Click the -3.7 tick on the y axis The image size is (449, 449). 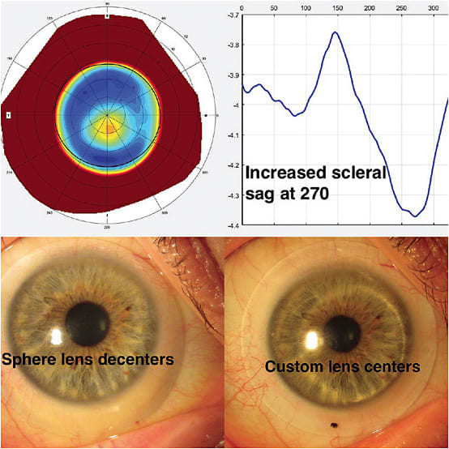click(x=232, y=15)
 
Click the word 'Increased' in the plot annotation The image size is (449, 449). click(x=284, y=173)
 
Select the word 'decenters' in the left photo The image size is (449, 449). click(x=139, y=359)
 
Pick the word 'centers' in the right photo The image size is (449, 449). click(x=393, y=367)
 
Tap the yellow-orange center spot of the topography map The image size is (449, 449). click(x=107, y=123)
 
